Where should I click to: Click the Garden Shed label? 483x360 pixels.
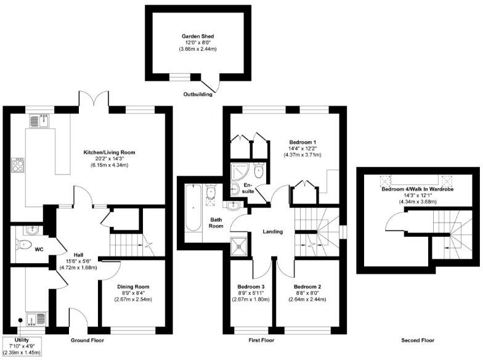click(198, 37)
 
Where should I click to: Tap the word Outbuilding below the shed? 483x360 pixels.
click(198, 94)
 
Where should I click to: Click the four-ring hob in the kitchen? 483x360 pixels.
click(19, 165)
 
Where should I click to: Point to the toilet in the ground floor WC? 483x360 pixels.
click(25, 245)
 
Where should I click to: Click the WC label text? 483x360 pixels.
click(39, 250)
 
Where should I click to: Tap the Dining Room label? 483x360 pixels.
click(133, 287)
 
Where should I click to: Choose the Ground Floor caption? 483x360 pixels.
click(87, 340)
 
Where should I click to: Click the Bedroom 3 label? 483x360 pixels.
click(251, 287)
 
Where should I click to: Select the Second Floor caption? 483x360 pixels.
click(418, 340)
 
